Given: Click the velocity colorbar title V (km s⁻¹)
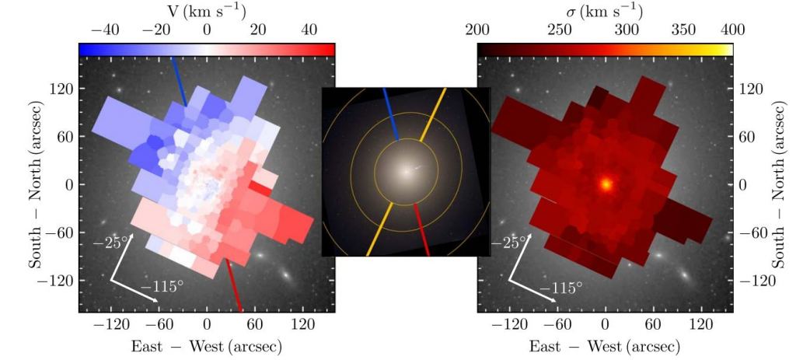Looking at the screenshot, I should (206, 12).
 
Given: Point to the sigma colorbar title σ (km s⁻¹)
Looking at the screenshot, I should (605, 12).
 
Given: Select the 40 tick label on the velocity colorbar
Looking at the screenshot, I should (309, 30).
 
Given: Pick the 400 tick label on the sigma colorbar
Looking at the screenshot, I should (731, 30).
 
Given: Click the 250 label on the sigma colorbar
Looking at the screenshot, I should (560, 30).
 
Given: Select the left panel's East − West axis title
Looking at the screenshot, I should (206, 345).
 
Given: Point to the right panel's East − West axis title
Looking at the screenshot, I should (605, 345).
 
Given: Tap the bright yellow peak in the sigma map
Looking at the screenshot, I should (605, 185).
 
